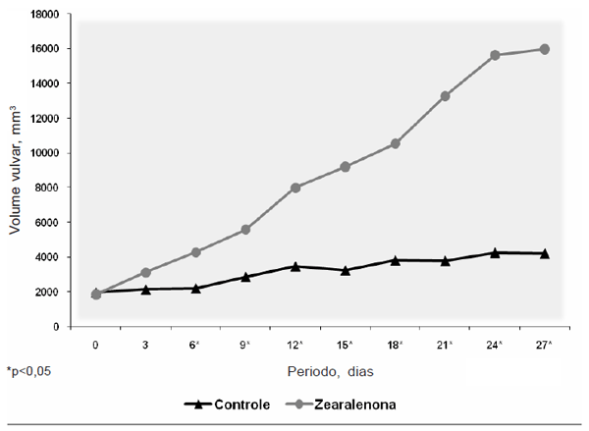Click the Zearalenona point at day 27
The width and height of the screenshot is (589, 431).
point(544,49)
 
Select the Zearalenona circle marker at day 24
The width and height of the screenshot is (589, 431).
point(495,55)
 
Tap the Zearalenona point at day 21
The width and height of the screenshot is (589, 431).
point(445,95)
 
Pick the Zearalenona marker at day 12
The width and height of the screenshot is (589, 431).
point(295,188)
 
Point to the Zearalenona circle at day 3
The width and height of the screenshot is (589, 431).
point(145,272)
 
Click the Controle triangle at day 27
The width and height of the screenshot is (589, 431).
point(544,253)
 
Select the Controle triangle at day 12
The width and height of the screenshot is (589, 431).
point(295,266)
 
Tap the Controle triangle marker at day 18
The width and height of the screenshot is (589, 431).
point(395,260)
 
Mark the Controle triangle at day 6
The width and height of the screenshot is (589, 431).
point(195,288)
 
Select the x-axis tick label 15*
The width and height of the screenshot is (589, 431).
point(346,345)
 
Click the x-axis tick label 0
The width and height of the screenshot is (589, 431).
point(95,345)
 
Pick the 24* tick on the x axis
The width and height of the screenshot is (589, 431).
point(495,345)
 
